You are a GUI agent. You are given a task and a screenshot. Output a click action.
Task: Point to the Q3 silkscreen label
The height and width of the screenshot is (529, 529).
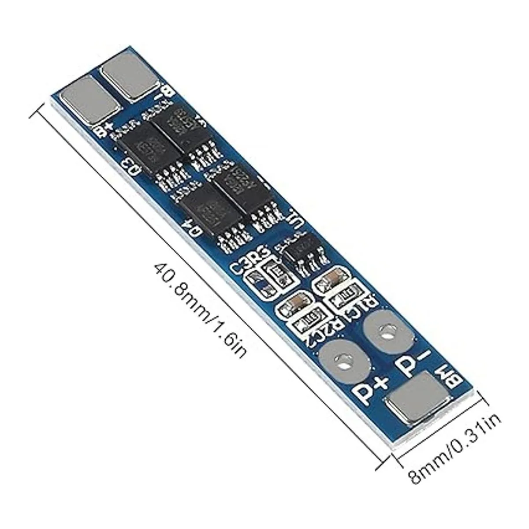coord(131,166)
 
